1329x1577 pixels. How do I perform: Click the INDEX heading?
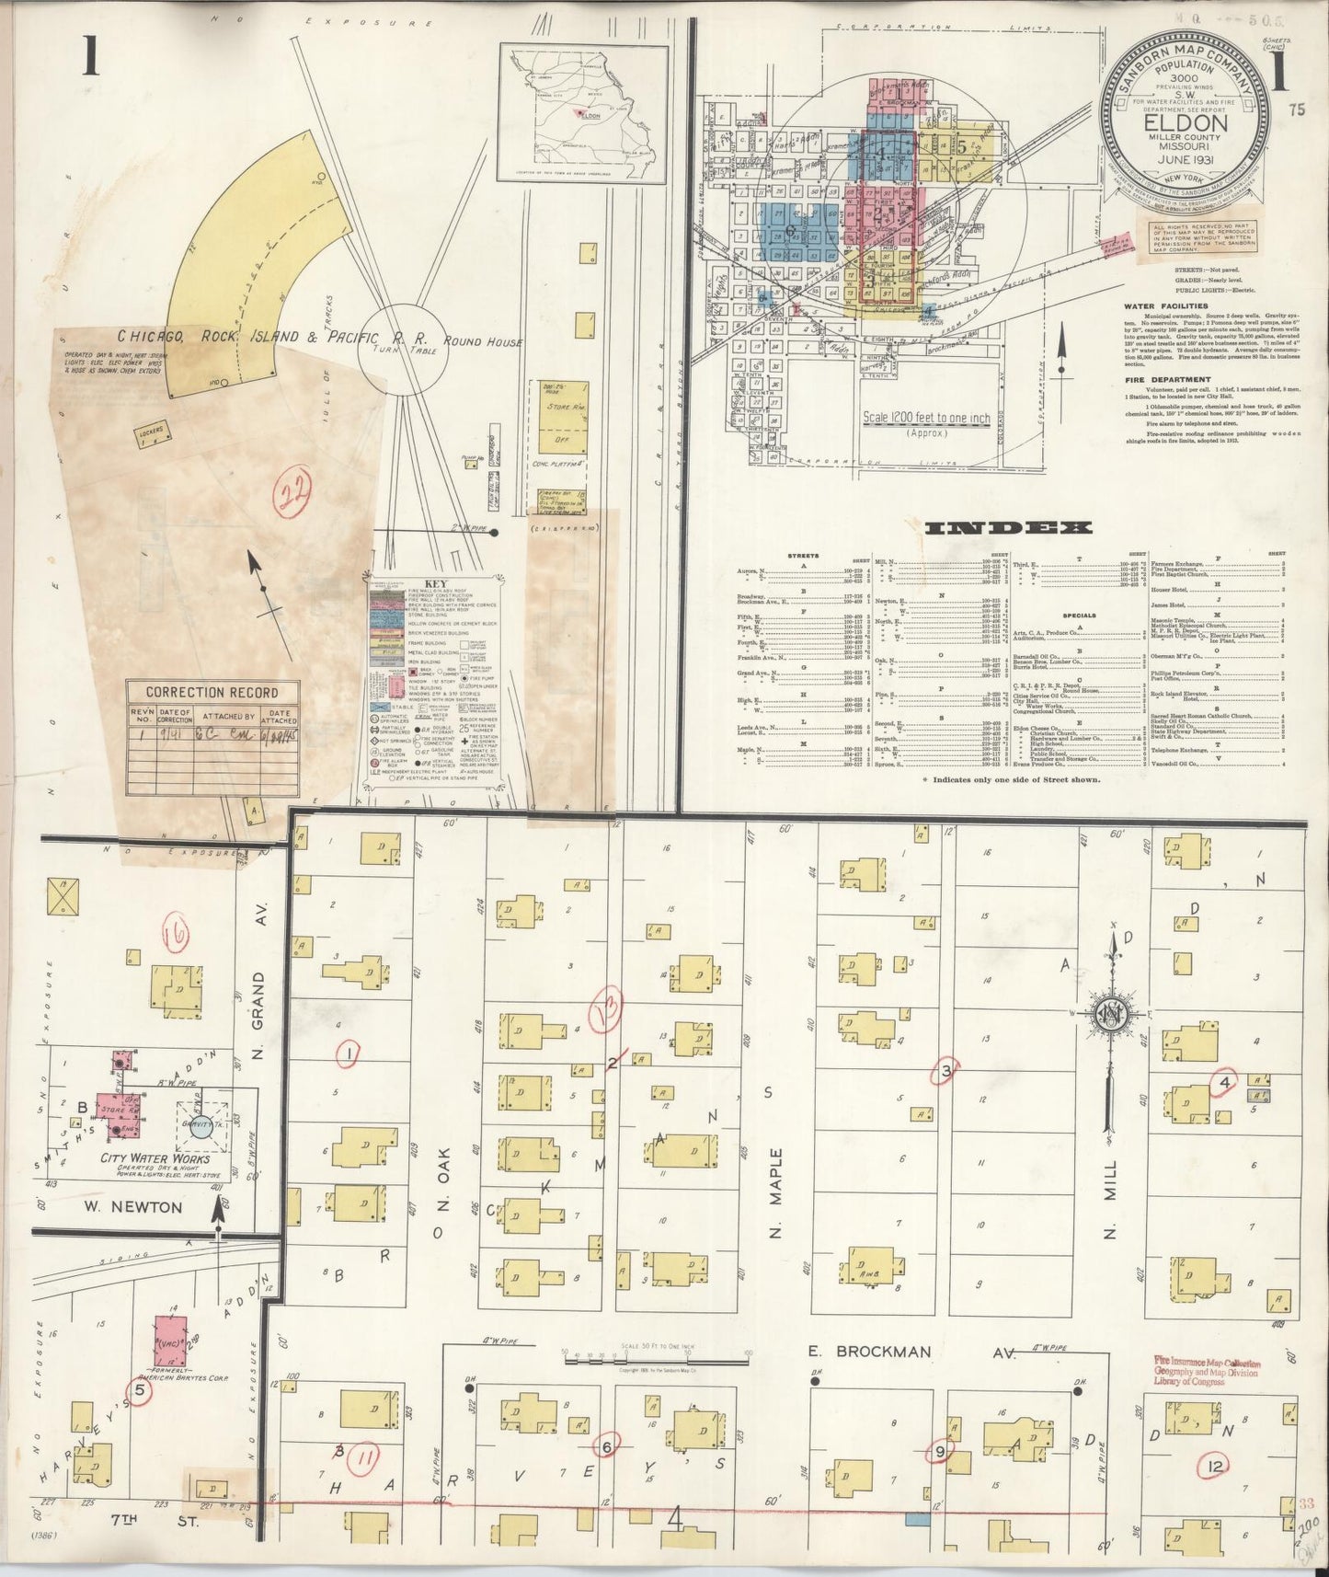[x=1007, y=528]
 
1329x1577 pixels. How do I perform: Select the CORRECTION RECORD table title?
[x=212, y=692]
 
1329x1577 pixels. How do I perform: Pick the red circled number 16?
[x=174, y=935]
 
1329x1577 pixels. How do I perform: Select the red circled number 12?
[x=1215, y=1465]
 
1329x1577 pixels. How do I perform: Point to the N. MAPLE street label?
[x=775, y=1192]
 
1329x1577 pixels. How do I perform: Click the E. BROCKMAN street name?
[x=869, y=1352]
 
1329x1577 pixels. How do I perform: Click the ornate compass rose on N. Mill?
[x=1109, y=1012]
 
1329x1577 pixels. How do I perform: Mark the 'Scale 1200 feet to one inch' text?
[x=926, y=418]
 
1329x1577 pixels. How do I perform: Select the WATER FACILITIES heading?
[x=1165, y=306]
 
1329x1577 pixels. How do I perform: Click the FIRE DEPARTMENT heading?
[x=1166, y=379]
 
